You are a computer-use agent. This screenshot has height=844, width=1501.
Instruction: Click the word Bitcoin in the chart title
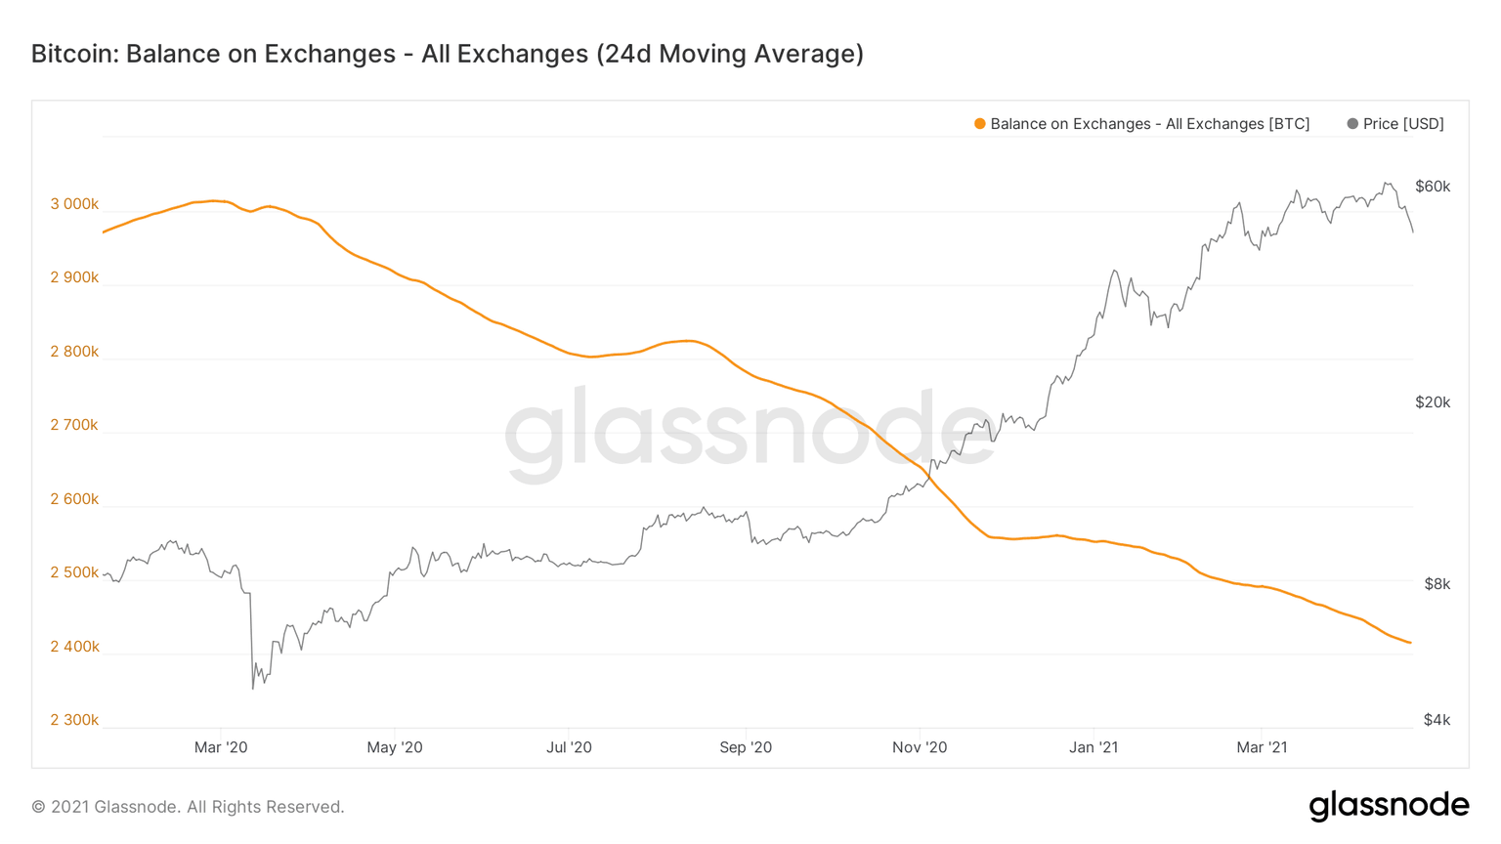coord(73,54)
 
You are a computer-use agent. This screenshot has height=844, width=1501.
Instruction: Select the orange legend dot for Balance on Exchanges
coord(979,124)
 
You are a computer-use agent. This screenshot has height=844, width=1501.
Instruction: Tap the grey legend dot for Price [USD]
coord(1352,124)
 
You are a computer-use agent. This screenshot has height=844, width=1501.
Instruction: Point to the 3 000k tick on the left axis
coord(74,204)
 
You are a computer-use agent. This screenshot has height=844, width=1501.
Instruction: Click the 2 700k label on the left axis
coord(74,425)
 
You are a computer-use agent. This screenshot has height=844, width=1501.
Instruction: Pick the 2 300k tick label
coord(74,720)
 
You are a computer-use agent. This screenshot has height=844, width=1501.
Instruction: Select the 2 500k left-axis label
coord(74,572)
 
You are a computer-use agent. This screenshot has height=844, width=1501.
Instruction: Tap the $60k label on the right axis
coord(1433,187)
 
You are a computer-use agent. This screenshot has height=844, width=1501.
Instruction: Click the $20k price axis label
coord(1433,402)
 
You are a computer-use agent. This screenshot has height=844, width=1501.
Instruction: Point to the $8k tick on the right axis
coord(1437,584)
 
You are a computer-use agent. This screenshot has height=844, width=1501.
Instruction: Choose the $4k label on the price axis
coord(1437,720)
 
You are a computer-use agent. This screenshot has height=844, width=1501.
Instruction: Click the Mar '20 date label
coord(221,747)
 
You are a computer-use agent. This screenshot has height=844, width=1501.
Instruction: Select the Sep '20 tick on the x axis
coord(746,747)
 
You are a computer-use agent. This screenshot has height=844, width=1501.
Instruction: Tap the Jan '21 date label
coord(1094,747)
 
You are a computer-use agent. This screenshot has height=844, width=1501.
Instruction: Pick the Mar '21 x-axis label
coord(1262,747)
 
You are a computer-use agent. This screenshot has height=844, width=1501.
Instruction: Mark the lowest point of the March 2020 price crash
coord(253,689)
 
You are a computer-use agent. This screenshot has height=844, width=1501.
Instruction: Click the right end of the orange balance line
coord(1410,643)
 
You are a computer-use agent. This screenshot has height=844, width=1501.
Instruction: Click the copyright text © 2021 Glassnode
coord(188,807)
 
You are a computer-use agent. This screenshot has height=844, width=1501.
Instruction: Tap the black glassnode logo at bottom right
coord(1389,806)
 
